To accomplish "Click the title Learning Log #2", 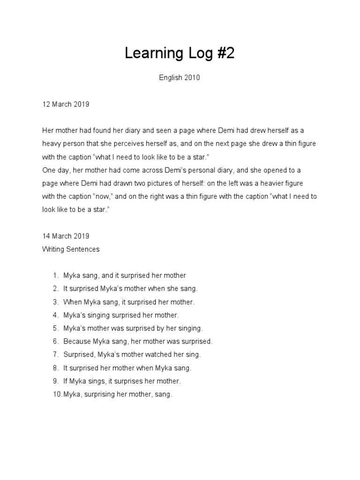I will coord(180,54).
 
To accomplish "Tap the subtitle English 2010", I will coord(180,78).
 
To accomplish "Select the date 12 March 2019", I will coord(66,104).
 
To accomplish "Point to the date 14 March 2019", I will coord(66,236).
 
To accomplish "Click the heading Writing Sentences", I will coord(71,249).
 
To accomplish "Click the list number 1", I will coord(55,276).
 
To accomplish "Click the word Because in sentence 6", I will coord(77,342).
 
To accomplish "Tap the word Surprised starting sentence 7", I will coord(79,355).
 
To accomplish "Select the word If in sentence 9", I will coord(66,382).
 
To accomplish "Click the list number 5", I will coord(55,329).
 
